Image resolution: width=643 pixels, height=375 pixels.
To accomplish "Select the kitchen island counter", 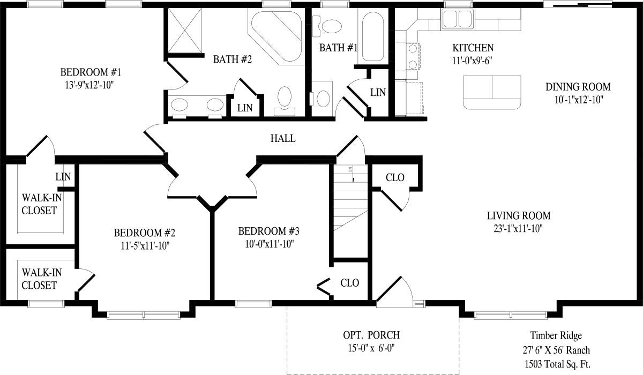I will click(492, 91).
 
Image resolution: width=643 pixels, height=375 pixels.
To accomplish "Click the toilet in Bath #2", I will click(284, 99).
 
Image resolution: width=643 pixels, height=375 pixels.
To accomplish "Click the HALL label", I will click(283, 139).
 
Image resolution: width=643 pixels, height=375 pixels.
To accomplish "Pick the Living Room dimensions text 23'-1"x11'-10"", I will click(519, 228).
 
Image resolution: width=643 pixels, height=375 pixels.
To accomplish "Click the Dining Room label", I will click(578, 87).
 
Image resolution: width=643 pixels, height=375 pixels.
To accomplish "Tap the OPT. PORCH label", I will click(371, 336).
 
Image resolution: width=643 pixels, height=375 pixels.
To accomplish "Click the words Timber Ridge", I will click(556, 336).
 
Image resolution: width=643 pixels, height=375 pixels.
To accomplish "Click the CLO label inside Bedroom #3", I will click(349, 283).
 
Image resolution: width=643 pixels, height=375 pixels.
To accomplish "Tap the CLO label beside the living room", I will click(395, 177).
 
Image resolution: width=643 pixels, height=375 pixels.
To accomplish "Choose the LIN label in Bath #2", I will click(245, 108).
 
